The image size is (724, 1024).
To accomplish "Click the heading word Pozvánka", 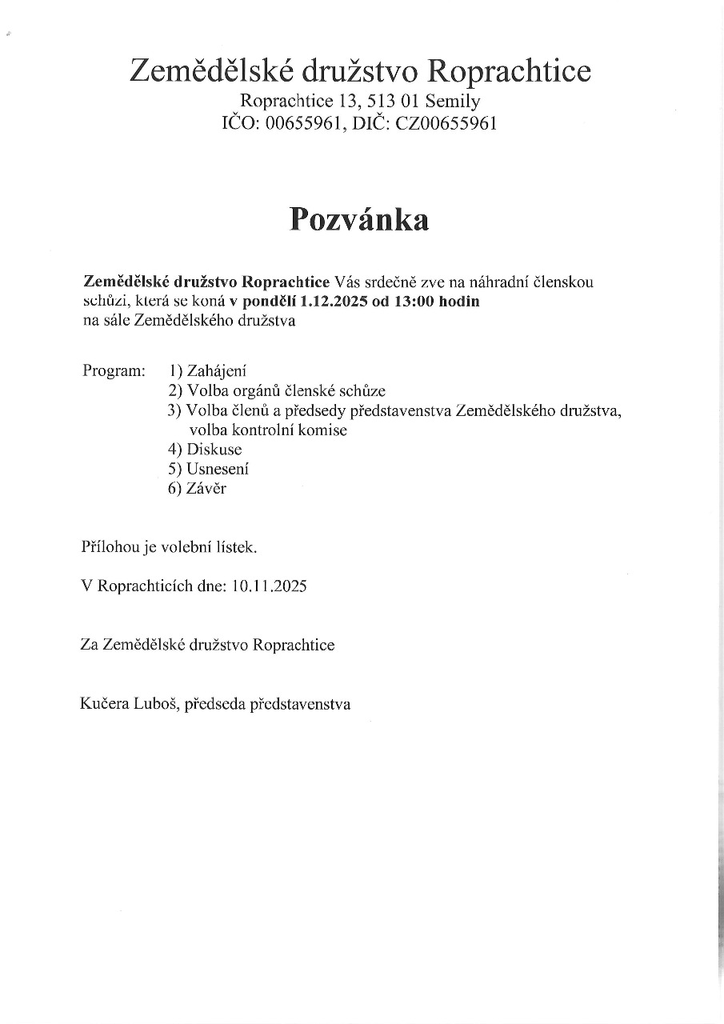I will click(359, 219).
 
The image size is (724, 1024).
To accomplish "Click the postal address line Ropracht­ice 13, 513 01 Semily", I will click(360, 102).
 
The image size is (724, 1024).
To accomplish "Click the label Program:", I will click(114, 371).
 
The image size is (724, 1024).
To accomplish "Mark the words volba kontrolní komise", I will click(268, 430).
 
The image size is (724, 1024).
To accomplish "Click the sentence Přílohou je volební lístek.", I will click(170, 548).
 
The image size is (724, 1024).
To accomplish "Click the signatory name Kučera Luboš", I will click(129, 705).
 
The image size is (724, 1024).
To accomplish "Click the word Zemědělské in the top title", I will click(211, 71).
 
